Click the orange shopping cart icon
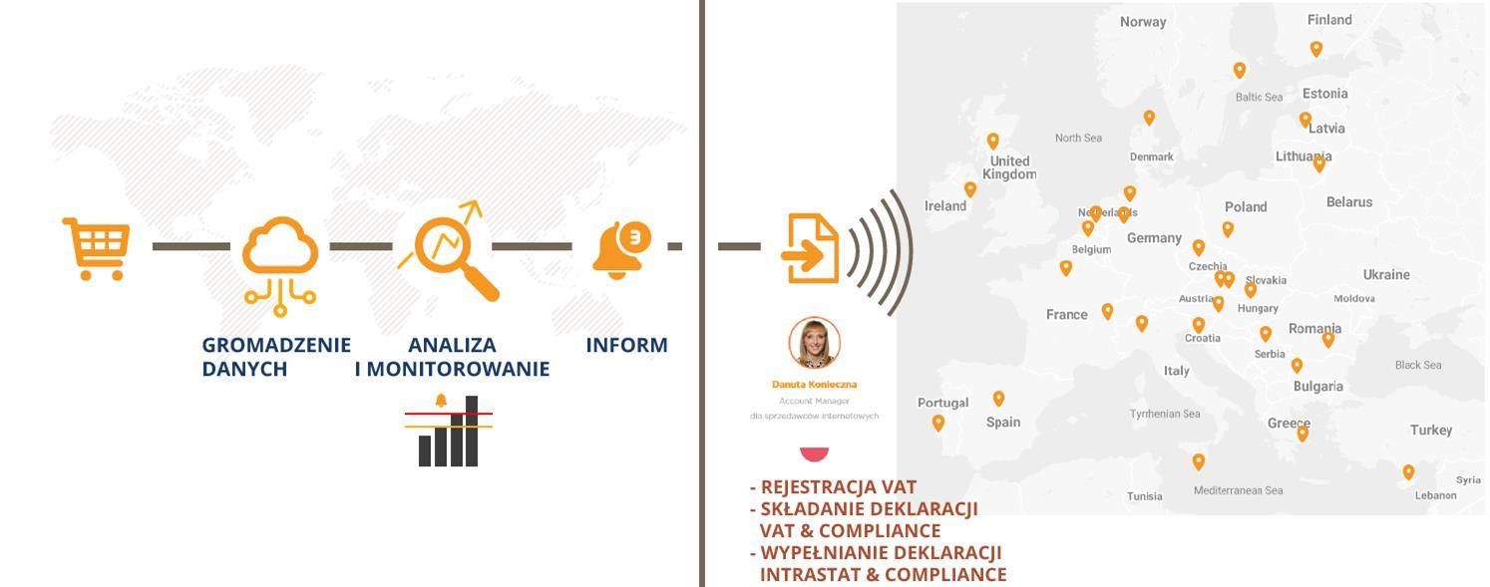[97, 247]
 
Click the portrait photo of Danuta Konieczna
[814, 343]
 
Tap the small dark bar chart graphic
[448, 435]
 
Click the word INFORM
[626, 345]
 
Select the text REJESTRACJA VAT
[838, 487]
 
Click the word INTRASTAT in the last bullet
[809, 575]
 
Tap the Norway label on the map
[1143, 22]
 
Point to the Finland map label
[1329, 20]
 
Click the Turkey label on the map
[1431, 431]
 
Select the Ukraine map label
[1386, 275]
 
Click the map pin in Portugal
[938, 423]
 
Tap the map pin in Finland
[1316, 48]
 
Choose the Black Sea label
[1418, 365]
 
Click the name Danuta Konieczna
[814, 385]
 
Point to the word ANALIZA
[452, 345]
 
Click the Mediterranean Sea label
[1239, 490]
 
